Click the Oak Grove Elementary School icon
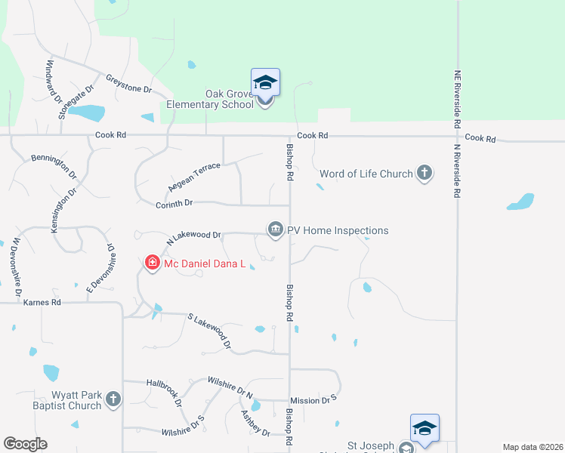[265, 82]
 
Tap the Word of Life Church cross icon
[425, 174]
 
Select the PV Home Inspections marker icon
[276, 230]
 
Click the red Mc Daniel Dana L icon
[152, 263]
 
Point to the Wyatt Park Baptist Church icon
[113, 399]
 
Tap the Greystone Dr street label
[129, 83]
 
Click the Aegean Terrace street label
[193, 177]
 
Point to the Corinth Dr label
[175, 203]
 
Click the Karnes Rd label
[42, 302]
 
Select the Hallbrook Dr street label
[165, 393]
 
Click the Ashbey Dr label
[255, 422]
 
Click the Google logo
[25, 444]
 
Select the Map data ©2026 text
[532, 447]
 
